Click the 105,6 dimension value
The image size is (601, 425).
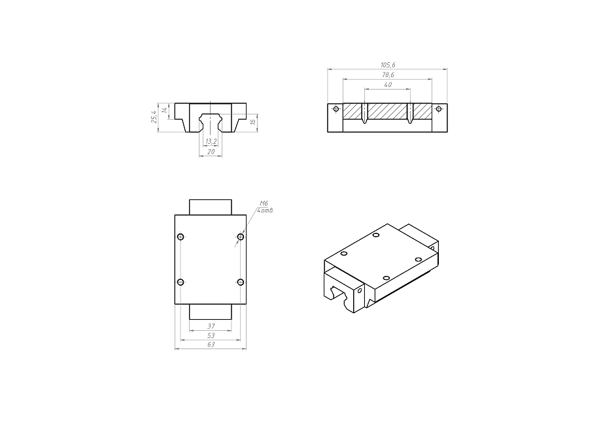(x=388, y=65)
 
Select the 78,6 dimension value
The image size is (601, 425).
(x=388, y=75)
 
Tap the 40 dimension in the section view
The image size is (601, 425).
(x=388, y=85)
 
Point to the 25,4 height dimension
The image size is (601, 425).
(x=154, y=116)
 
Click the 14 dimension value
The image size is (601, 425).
(x=164, y=110)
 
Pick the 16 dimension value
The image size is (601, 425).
(x=252, y=122)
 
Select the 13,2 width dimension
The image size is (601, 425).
(x=211, y=142)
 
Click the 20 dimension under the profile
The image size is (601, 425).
(x=211, y=152)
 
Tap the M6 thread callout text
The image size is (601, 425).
(x=264, y=203)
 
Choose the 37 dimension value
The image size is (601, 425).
(x=211, y=326)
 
